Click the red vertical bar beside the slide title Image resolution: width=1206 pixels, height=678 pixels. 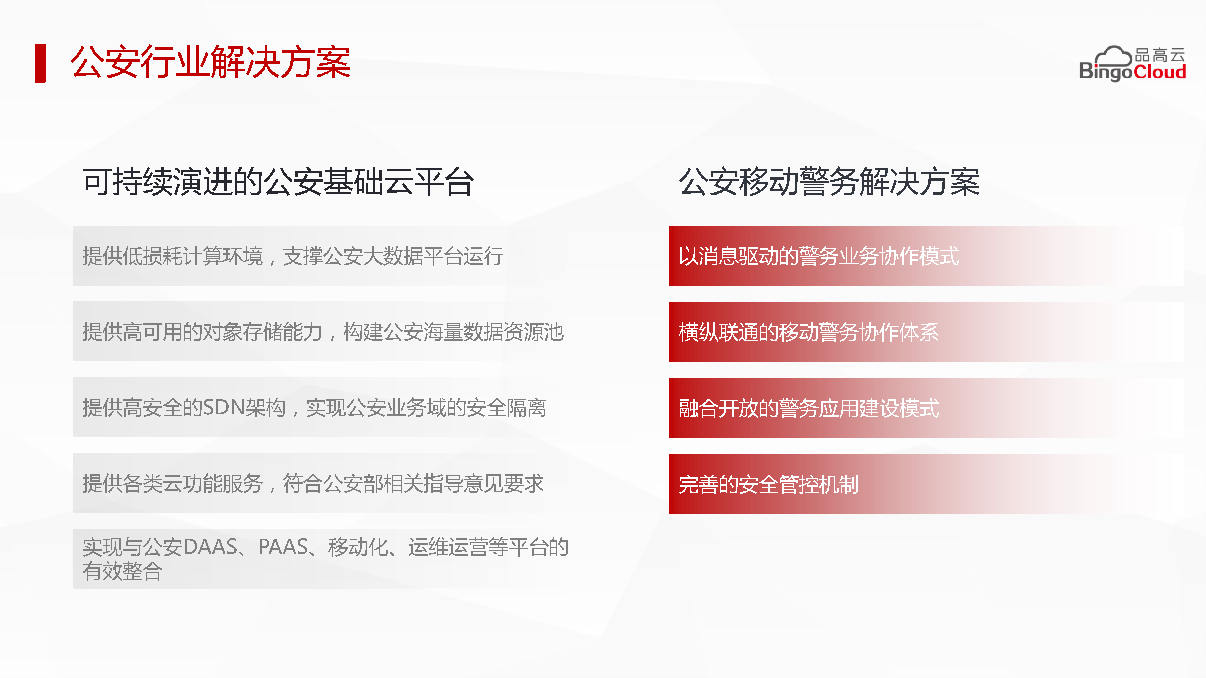pos(40,63)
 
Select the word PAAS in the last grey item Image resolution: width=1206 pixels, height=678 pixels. pos(283,546)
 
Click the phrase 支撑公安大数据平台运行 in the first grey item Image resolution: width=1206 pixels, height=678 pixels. pos(393,256)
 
